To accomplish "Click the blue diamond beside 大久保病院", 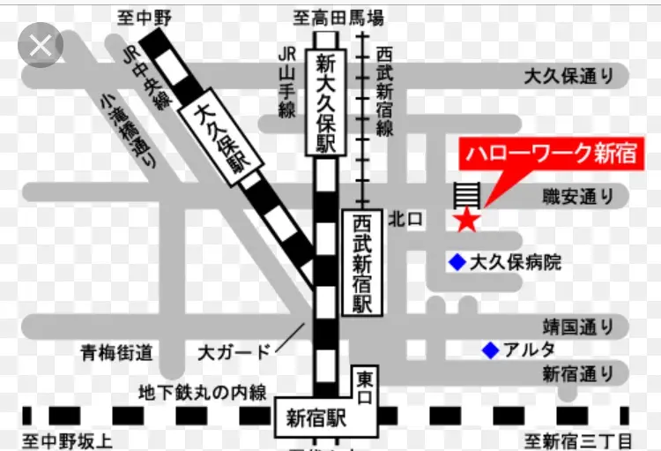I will pyautogui.click(x=457, y=262).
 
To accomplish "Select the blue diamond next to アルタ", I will pyautogui.click(x=490, y=350).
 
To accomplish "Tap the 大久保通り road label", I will pyautogui.click(x=568, y=77).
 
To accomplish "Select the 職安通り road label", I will pyautogui.click(x=578, y=196).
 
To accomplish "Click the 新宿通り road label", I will pyautogui.click(x=577, y=372).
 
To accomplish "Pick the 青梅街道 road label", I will pyautogui.click(x=116, y=353).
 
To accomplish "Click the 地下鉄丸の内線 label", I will pyautogui.click(x=202, y=392).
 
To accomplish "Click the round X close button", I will pyautogui.click(x=40, y=46).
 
